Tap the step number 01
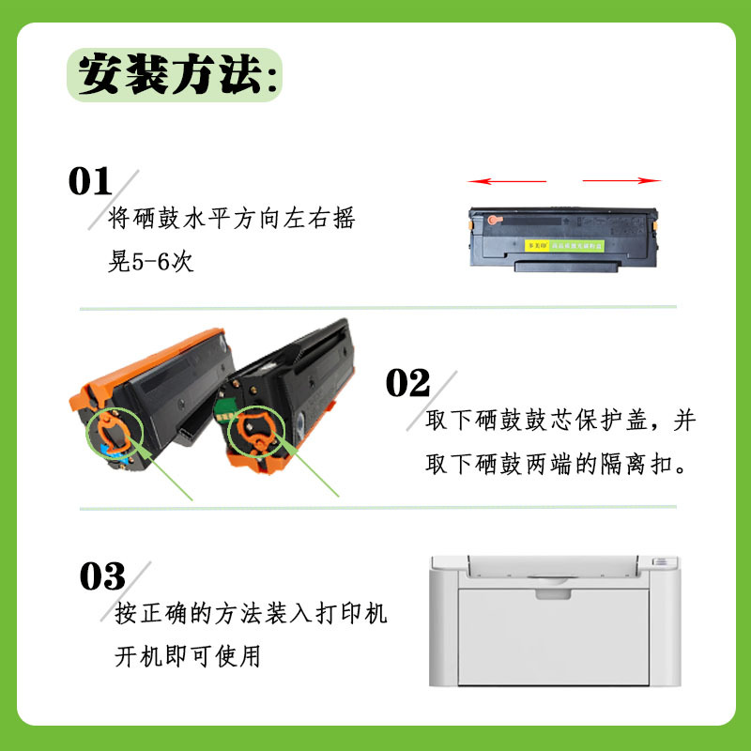(x=90, y=181)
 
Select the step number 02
(x=407, y=383)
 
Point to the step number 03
(x=102, y=576)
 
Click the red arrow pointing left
(x=507, y=181)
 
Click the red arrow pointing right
(x=621, y=180)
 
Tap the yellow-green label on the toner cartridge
(x=564, y=246)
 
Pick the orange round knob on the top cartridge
(x=494, y=221)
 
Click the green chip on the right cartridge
(x=222, y=409)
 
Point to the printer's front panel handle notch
(x=553, y=594)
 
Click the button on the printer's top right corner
(x=661, y=561)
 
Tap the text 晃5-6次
(x=151, y=261)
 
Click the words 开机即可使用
(x=187, y=655)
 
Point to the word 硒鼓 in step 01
(x=155, y=218)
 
